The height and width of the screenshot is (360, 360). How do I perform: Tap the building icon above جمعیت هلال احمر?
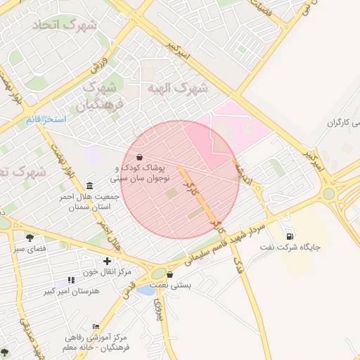(x=89, y=185)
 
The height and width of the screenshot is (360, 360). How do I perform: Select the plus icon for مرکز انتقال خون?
(x=106, y=261)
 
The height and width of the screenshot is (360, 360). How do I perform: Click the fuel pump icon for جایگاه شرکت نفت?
(x=290, y=236)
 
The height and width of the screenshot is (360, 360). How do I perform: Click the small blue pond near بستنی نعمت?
(x=144, y=290)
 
